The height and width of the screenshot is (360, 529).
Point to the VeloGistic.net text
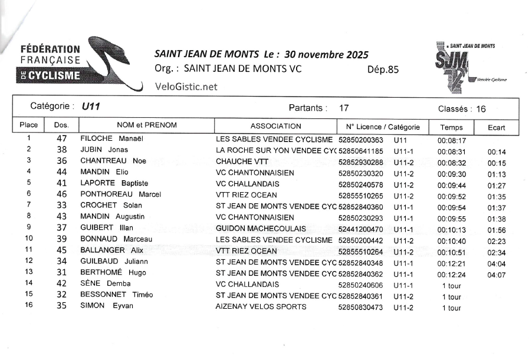click(186, 87)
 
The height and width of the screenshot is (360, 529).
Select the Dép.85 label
click(383, 69)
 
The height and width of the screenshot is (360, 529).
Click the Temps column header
click(451, 127)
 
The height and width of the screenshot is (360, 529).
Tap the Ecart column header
click(497, 127)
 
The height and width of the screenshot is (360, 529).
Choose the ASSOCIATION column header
click(275, 126)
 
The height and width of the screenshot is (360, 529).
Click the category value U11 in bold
click(91, 107)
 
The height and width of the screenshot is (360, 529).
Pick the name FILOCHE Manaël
click(113, 140)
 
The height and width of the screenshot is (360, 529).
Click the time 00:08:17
click(452, 141)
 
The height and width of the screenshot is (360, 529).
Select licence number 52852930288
click(361, 162)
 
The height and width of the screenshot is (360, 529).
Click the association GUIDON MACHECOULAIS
click(261, 229)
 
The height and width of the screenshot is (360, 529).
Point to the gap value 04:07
click(497, 275)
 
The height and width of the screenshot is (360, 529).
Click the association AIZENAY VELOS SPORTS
click(261, 307)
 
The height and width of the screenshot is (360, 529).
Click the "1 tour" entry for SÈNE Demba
click(451, 286)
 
